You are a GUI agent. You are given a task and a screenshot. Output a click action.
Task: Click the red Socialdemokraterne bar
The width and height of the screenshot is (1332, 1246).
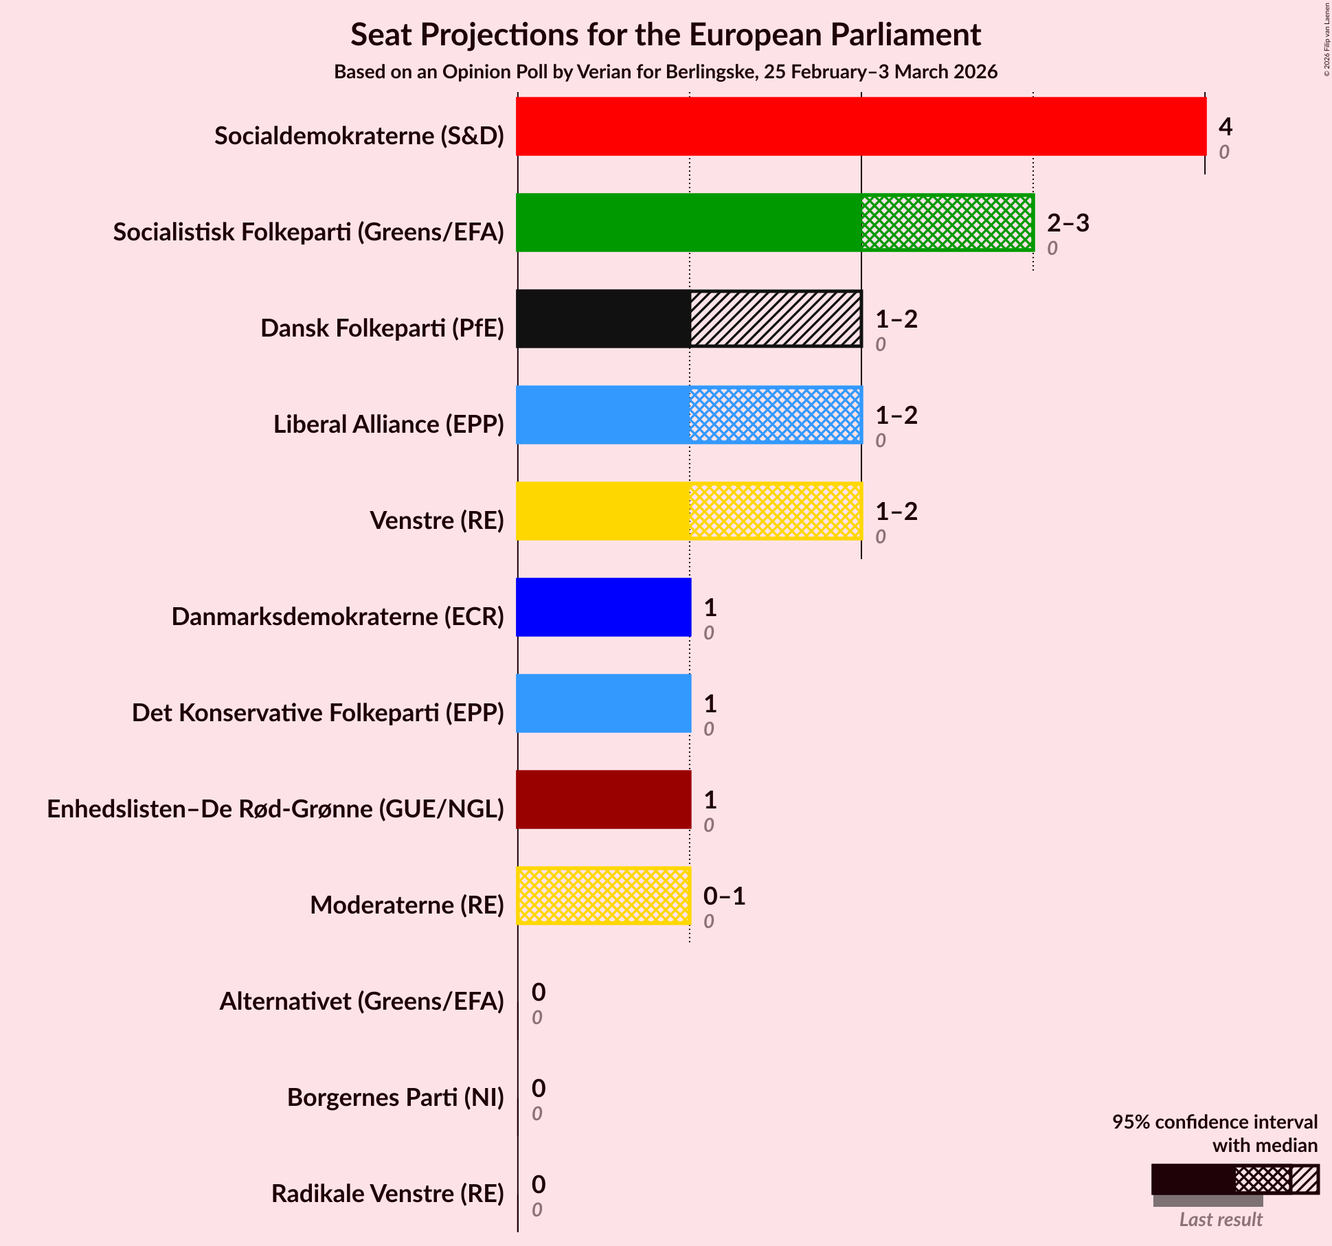(861, 126)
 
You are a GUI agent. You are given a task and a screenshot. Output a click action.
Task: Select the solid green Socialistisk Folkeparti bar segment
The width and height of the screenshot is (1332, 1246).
(689, 223)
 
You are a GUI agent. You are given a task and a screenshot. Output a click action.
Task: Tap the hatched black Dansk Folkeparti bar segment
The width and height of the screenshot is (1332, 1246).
(776, 319)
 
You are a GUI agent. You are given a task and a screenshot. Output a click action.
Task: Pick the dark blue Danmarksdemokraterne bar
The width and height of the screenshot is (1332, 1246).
(603, 607)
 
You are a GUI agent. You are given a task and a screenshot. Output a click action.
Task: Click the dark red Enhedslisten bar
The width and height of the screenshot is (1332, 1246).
(603, 800)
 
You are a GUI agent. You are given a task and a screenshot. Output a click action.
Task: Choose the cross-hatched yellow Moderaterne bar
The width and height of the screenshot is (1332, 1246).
(603, 896)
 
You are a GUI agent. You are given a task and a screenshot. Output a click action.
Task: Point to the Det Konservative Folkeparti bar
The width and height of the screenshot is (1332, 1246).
(603, 703)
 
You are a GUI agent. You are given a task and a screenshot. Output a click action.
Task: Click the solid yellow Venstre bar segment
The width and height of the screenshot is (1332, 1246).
(603, 511)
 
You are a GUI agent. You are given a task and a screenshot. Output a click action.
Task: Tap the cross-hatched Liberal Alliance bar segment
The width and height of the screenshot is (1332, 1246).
(776, 415)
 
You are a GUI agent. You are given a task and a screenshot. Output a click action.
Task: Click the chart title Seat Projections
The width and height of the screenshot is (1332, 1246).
(666, 35)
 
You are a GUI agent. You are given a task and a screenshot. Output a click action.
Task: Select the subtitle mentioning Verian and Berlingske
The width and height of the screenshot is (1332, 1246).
(666, 72)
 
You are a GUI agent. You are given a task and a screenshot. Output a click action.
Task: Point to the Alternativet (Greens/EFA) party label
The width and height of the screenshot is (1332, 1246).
(361, 1001)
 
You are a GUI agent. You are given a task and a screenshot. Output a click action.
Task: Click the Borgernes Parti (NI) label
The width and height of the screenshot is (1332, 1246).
(395, 1098)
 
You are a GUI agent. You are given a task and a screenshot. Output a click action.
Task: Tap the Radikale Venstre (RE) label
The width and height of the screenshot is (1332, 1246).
(387, 1194)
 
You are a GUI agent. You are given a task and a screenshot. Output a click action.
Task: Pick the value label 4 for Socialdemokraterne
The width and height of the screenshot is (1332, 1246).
(1226, 126)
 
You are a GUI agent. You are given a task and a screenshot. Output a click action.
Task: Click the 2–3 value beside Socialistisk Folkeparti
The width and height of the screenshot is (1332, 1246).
(1068, 223)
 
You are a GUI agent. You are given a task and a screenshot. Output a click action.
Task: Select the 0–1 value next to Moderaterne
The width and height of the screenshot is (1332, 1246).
(724, 896)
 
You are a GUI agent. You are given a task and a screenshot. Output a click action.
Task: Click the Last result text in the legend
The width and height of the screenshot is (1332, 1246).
(1221, 1219)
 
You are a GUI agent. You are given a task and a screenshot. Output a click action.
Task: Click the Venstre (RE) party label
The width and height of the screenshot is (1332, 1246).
(437, 521)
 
